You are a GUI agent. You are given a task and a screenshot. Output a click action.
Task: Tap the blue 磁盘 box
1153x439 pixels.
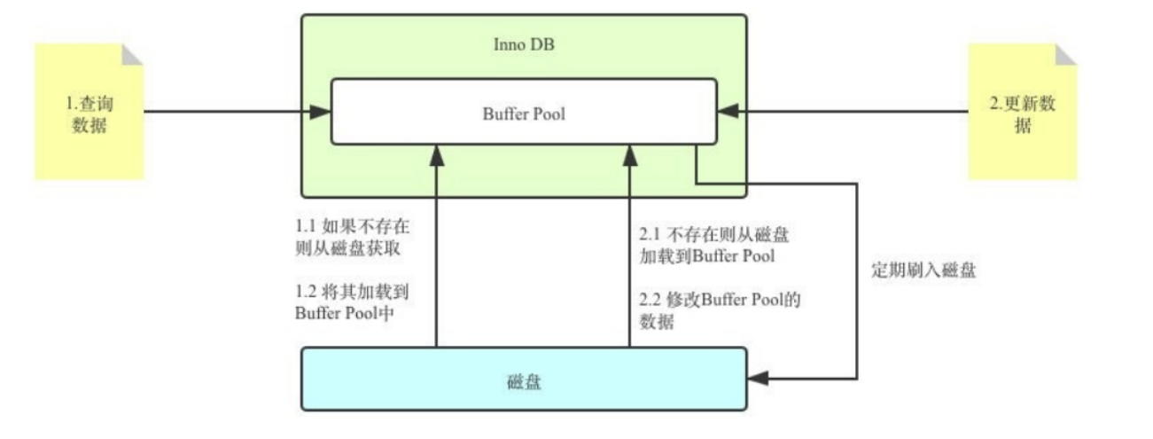click(x=523, y=379)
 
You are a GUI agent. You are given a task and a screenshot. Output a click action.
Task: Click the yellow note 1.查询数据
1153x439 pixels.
click(x=89, y=113)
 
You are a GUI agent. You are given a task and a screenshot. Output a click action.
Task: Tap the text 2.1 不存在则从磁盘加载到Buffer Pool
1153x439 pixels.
click(x=713, y=247)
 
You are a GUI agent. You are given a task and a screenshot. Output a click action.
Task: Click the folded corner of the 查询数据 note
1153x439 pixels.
click(x=133, y=54)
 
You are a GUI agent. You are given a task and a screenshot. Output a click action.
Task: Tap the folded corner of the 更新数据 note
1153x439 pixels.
click(x=1066, y=54)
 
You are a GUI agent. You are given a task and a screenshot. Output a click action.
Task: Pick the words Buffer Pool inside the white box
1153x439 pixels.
click(x=523, y=114)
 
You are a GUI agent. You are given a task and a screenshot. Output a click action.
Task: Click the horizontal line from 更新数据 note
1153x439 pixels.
click(x=851, y=112)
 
